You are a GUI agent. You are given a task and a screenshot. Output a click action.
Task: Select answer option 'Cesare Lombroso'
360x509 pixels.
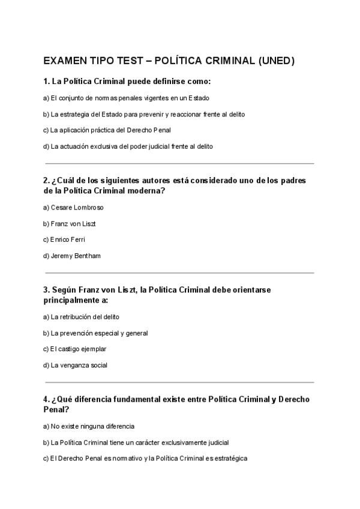73,208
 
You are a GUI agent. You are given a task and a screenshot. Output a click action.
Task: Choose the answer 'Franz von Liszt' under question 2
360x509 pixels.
70,224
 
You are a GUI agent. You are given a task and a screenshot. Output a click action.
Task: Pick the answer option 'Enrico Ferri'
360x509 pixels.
66,239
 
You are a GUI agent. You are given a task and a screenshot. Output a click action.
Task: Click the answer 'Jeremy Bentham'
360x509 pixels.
72,256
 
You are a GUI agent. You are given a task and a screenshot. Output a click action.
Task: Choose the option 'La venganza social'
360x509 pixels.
75,365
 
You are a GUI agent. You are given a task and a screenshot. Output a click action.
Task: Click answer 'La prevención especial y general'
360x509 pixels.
95,333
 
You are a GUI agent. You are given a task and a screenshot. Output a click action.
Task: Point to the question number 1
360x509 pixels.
46,81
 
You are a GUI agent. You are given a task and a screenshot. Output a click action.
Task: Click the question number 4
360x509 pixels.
46,399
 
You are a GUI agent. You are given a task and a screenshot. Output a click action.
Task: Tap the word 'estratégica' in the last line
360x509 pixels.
230,459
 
